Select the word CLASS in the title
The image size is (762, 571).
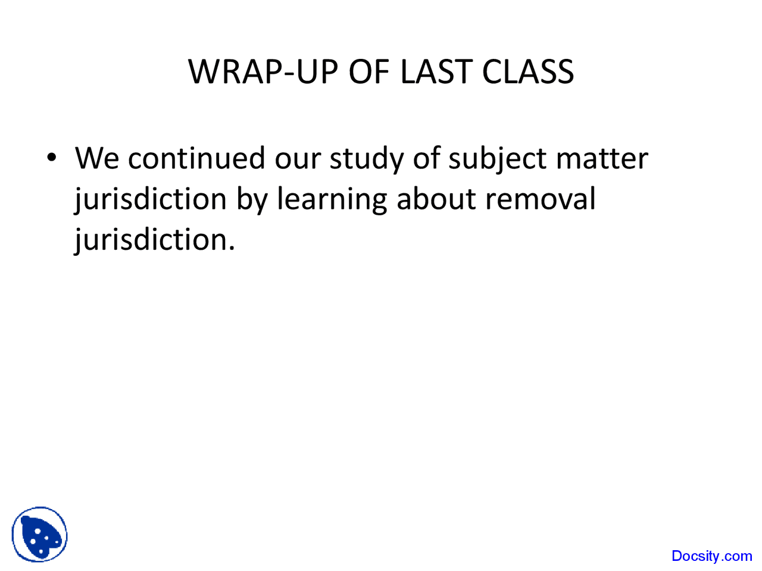point(527,72)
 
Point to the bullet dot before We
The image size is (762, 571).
point(52,158)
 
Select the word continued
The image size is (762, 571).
point(196,158)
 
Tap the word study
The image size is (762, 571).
point(366,159)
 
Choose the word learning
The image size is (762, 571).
point(332,199)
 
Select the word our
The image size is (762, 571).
point(297,159)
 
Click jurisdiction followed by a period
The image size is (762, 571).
point(154,239)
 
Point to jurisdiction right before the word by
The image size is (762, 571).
point(151,199)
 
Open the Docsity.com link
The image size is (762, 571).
point(711,556)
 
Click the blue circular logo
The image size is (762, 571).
point(40,534)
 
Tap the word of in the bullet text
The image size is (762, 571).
point(425,158)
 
